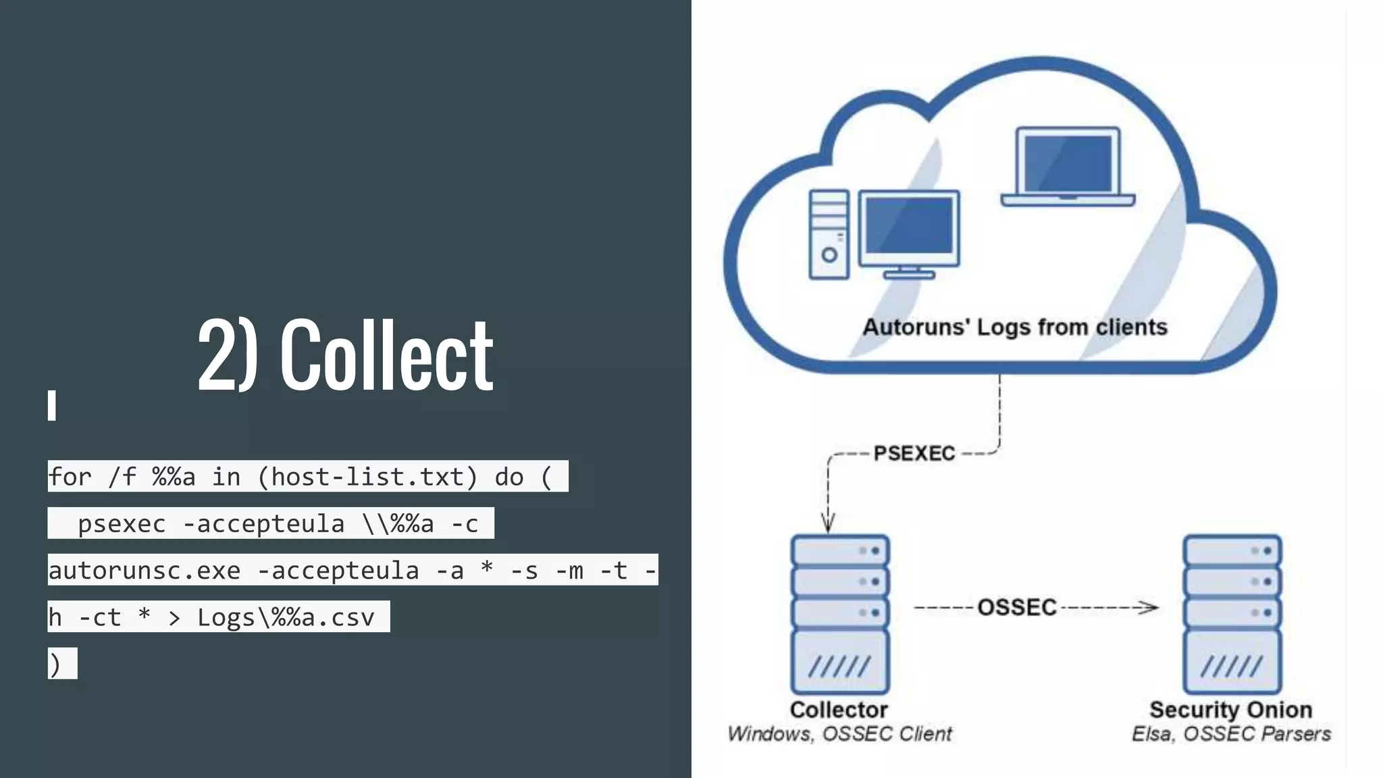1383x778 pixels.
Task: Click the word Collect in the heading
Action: (x=386, y=356)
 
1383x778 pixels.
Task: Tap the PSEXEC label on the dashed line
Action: (x=914, y=453)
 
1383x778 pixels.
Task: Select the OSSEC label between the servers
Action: (x=1016, y=607)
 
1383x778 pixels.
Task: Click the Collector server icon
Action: (x=840, y=614)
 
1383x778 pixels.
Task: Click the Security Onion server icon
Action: (x=1232, y=614)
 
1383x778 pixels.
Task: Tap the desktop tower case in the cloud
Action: (x=829, y=234)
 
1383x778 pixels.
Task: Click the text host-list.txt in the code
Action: (x=368, y=477)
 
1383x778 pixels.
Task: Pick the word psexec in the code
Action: (x=122, y=523)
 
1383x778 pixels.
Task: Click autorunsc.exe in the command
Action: (x=144, y=571)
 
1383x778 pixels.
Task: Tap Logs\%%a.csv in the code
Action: (x=285, y=617)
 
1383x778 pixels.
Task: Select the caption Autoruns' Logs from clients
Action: (x=1014, y=328)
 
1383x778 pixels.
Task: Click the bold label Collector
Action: (x=839, y=710)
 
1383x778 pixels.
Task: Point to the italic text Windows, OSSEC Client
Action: (x=839, y=734)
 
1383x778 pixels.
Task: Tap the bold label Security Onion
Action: (x=1230, y=710)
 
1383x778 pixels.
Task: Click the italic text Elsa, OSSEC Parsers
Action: (x=1230, y=734)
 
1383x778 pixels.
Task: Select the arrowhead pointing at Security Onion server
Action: (x=1148, y=608)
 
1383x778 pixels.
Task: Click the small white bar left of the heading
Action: (x=51, y=405)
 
